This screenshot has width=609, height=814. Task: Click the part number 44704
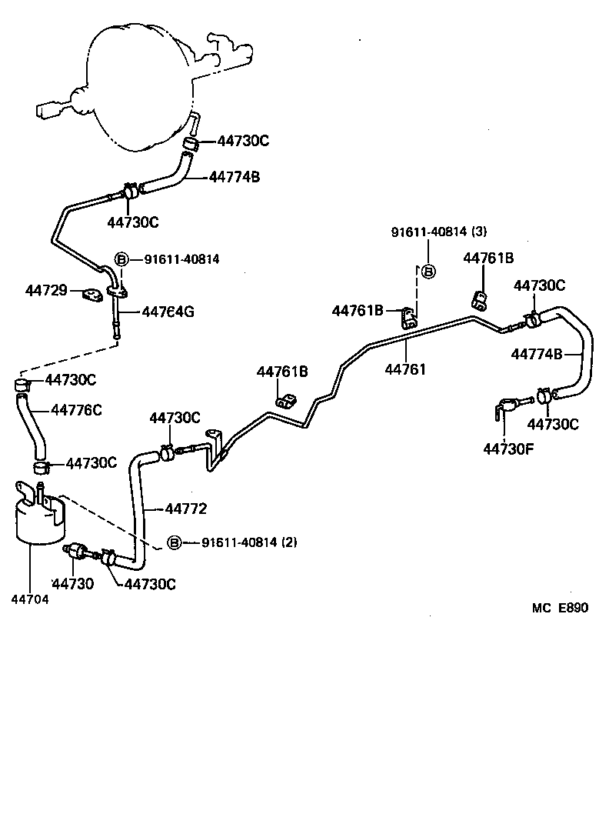coord(30,601)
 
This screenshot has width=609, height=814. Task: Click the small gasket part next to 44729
coord(93,295)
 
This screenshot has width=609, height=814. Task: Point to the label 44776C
coord(77,409)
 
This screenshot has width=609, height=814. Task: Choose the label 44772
coord(186,508)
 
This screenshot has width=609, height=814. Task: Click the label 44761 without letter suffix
coord(405,369)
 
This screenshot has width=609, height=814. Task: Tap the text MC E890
coord(559,607)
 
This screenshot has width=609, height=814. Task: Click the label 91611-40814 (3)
coord(438,232)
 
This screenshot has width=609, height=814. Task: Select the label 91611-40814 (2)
coord(249,542)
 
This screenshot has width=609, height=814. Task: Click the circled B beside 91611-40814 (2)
coord(174,542)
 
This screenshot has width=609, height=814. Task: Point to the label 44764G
coord(168,312)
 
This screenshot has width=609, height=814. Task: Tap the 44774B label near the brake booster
coord(234,177)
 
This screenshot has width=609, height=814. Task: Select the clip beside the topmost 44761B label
coord(478,299)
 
